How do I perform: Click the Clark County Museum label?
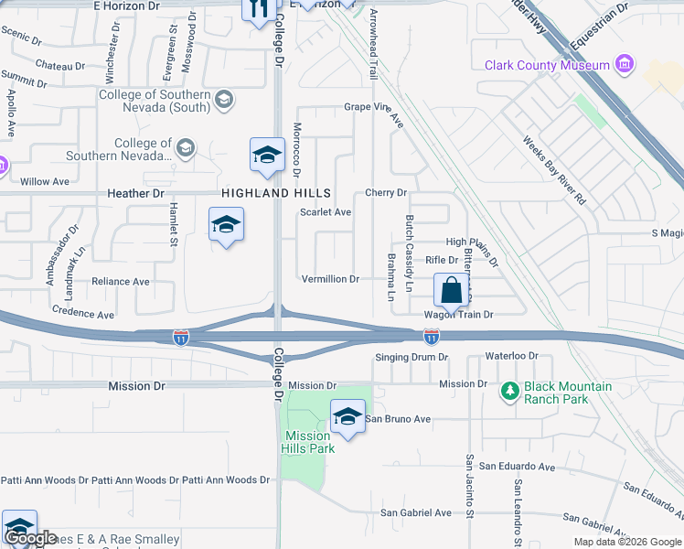pyautogui.click(x=547, y=65)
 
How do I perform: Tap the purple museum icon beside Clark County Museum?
pyautogui.click(x=625, y=64)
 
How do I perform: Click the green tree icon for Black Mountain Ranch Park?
pyautogui.click(x=510, y=392)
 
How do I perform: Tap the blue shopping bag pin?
pyautogui.click(x=450, y=292)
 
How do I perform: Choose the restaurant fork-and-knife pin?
pyautogui.click(x=258, y=9)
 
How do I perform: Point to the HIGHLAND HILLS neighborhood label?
pyautogui.click(x=275, y=193)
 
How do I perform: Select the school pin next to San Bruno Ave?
pyautogui.click(x=347, y=418)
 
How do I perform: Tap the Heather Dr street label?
pyautogui.click(x=134, y=194)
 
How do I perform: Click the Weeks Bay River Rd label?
pyautogui.click(x=553, y=170)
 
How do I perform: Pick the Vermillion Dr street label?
pyautogui.click(x=330, y=278)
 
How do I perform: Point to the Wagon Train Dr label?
pyautogui.click(x=458, y=315)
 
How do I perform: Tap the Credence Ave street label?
pyautogui.click(x=83, y=313)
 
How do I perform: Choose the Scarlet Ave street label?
pyautogui.click(x=326, y=212)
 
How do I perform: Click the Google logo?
pyautogui.click(x=30, y=538)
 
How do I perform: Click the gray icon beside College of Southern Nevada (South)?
pyautogui.click(x=223, y=100)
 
